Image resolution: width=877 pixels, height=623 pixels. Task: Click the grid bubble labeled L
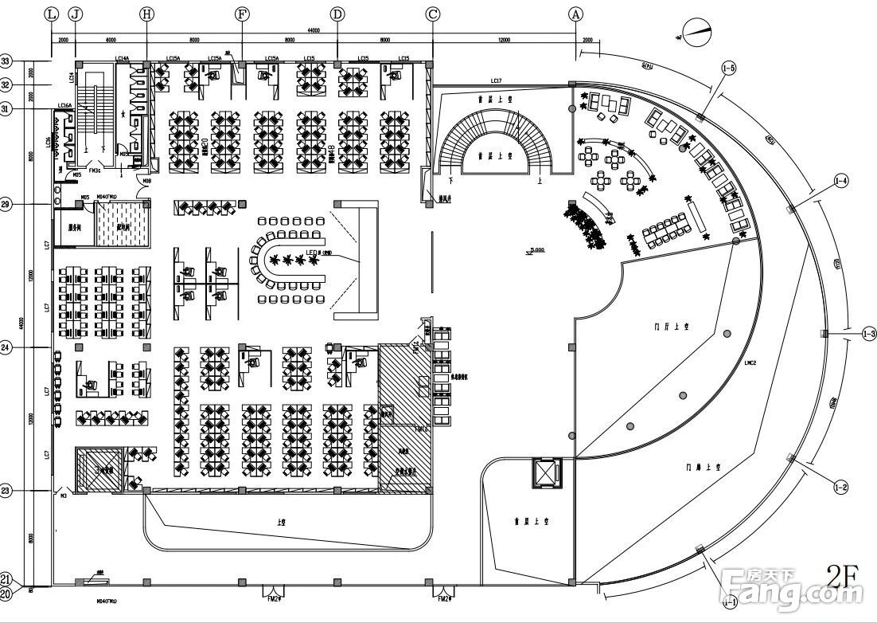click(52, 14)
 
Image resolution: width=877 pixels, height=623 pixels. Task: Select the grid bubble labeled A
click(575, 14)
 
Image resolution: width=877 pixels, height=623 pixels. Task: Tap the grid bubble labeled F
click(243, 14)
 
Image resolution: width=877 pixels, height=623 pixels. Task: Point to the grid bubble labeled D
click(337, 14)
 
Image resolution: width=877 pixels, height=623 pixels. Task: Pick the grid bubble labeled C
click(433, 14)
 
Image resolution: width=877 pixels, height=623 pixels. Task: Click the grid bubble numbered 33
click(6, 61)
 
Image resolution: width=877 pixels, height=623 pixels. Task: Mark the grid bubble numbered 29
click(6, 205)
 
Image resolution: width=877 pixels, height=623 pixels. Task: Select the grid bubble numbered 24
click(6, 347)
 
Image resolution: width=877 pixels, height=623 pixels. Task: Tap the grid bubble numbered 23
click(6, 492)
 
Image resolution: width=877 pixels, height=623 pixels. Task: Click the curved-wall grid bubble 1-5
click(729, 69)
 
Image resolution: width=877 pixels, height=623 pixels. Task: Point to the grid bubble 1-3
click(868, 335)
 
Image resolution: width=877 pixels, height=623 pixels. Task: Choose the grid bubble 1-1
click(729, 599)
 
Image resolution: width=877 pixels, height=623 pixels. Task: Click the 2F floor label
click(843, 575)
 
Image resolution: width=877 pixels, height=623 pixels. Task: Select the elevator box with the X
click(545, 472)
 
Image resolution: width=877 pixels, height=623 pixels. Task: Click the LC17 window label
click(497, 80)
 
